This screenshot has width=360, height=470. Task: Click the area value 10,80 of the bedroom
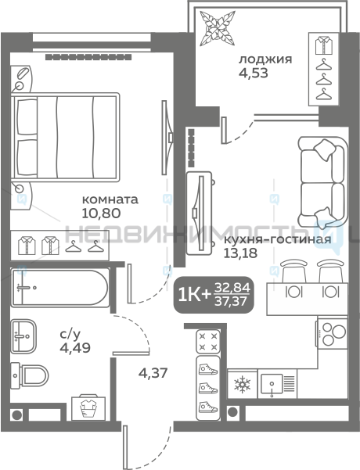(101, 213)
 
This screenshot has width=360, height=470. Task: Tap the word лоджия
(265, 59)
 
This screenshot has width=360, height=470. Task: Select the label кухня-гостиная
(278, 239)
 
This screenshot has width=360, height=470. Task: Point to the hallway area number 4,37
(153, 373)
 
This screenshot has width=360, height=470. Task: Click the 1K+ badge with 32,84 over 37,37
(214, 295)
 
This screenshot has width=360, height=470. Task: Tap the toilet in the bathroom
(30, 375)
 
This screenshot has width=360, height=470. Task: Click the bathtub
(59, 288)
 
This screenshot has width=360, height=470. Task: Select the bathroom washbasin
(23, 336)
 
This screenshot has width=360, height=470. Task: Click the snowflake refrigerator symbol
(242, 385)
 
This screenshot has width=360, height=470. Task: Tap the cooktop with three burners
(333, 333)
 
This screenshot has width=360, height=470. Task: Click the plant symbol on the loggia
(218, 28)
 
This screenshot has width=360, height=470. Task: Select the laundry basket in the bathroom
(88, 408)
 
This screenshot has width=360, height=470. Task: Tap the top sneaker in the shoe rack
(208, 369)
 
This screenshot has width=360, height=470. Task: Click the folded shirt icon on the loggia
(324, 45)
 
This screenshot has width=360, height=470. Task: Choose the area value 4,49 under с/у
(75, 348)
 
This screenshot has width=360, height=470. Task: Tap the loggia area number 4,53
(254, 73)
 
